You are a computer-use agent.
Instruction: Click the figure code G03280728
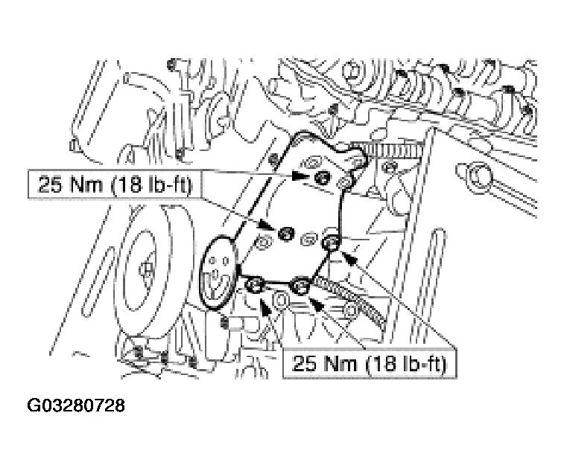coord(76,406)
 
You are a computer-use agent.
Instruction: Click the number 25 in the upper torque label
coord(49,185)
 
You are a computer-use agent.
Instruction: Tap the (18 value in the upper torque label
coord(124,185)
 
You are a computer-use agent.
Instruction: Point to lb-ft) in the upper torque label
coord(169,185)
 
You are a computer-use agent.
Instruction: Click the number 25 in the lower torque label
coord(304,363)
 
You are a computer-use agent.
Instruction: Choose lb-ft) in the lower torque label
coord(424,363)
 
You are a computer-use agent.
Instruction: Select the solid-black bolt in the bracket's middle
coord(285,233)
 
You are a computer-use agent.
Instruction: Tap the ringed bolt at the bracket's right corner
coord(331,243)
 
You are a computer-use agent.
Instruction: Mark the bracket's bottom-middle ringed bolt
coord(300,285)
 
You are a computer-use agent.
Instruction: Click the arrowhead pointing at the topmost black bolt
coord(301,176)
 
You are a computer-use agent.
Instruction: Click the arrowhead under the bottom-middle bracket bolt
coord(316,305)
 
